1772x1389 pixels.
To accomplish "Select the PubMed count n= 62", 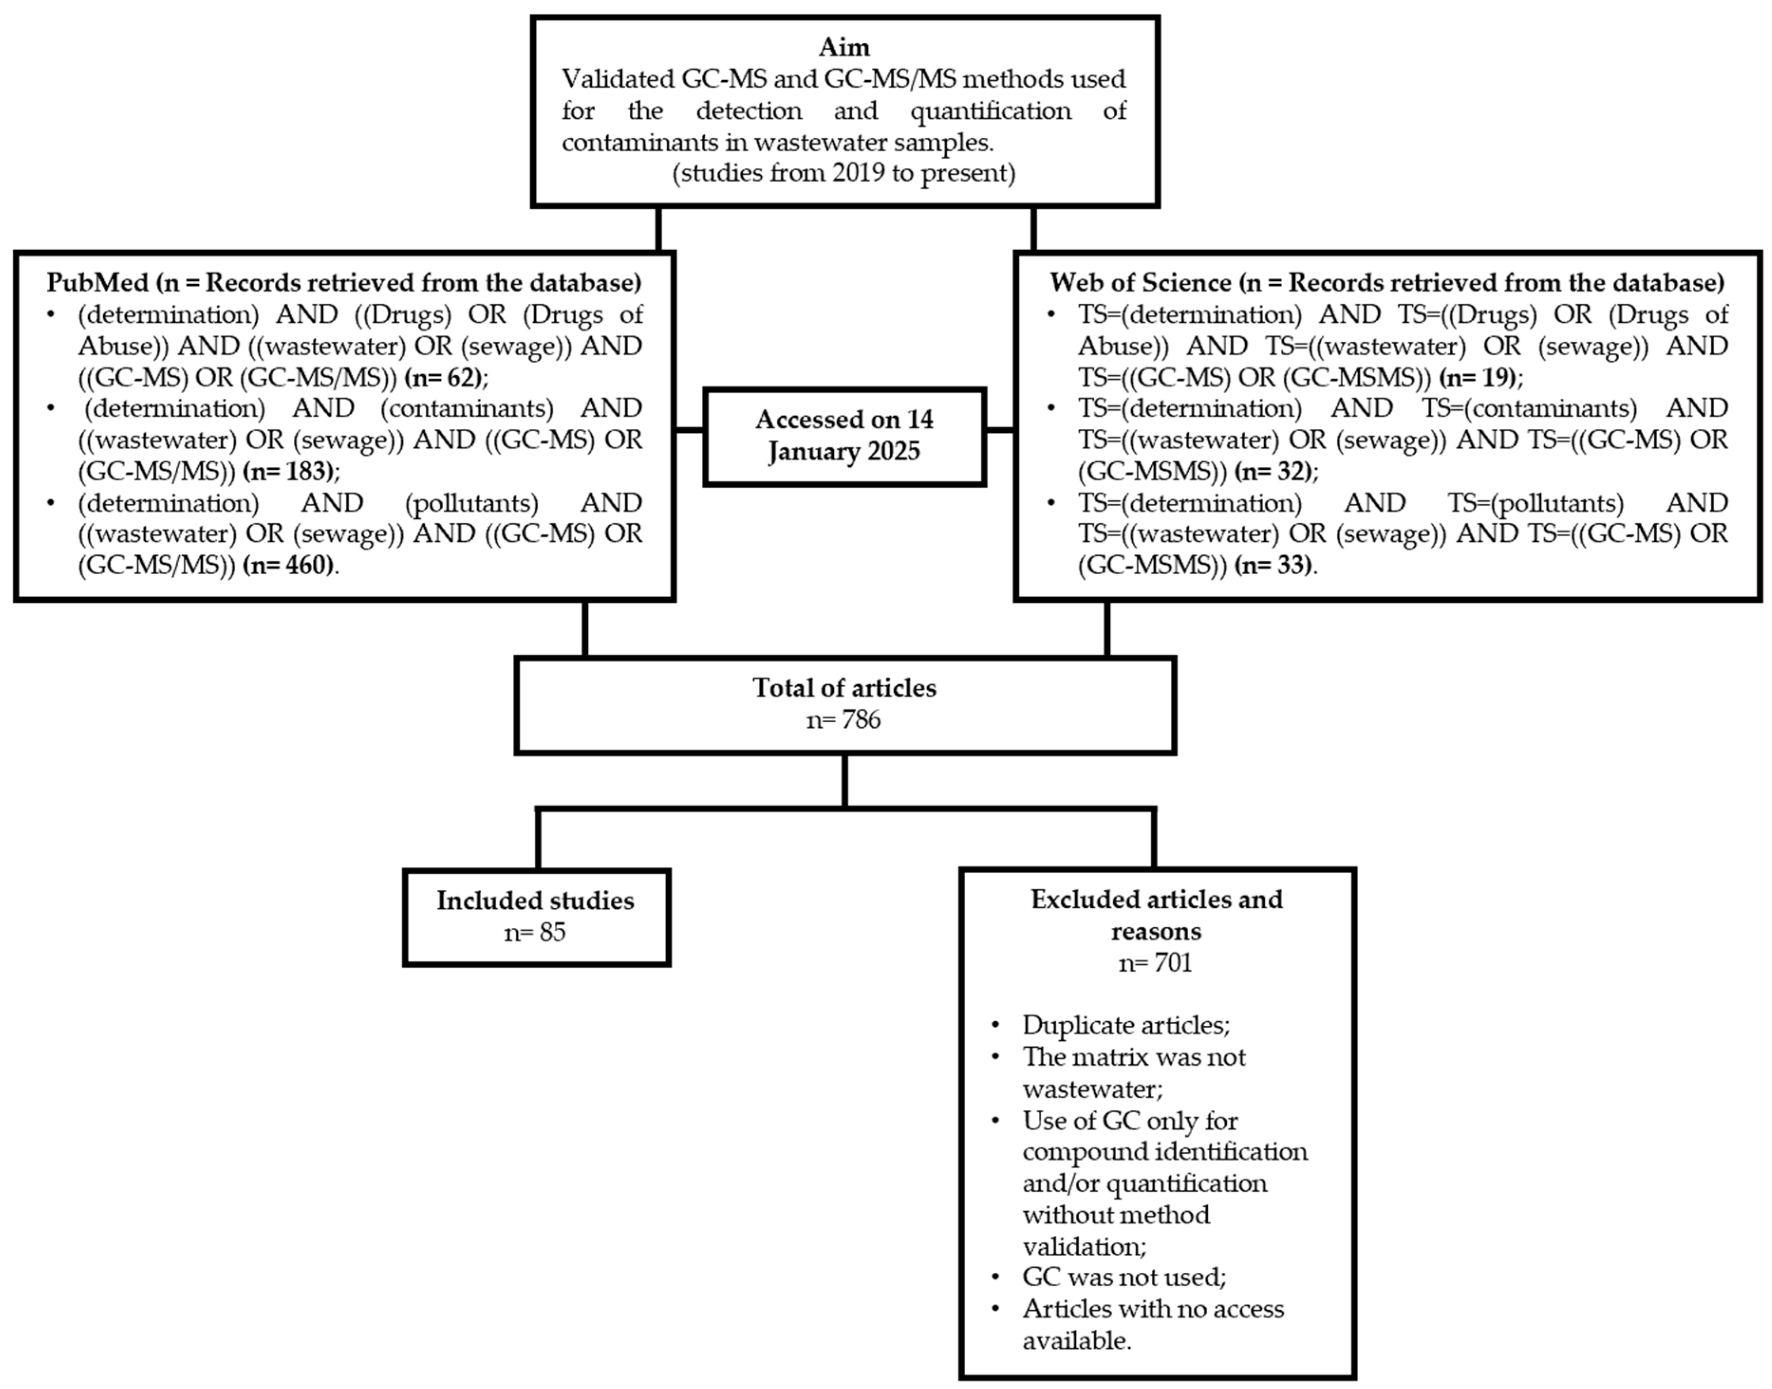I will [x=445, y=377].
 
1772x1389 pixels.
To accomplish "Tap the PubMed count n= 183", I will [x=288, y=471].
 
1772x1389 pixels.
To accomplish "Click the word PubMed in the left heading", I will [x=98, y=283].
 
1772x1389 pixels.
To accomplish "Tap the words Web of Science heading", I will [x=1140, y=283].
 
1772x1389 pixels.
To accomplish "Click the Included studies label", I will [x=535, y=900].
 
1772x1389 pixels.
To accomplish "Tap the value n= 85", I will [x=535, y=932].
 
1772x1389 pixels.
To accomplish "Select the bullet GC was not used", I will [x=1124, y=1277].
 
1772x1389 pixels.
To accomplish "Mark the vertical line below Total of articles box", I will [x=845, y=781].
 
